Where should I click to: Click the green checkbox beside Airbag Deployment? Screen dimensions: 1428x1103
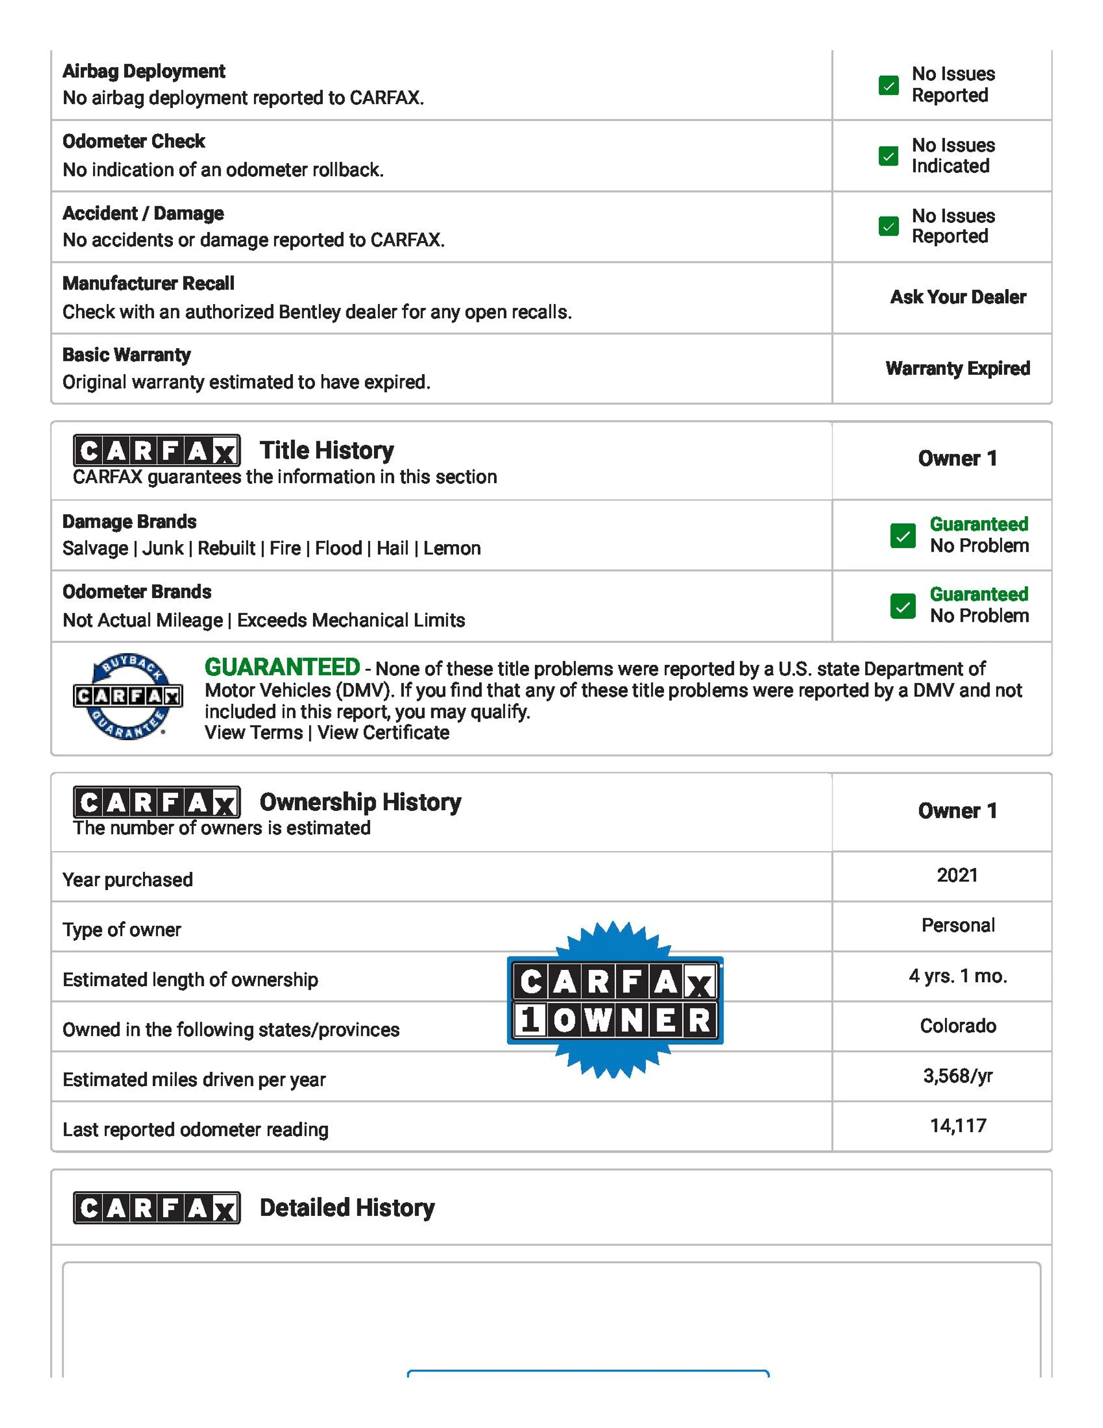888,86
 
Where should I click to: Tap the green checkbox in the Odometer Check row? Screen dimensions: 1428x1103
888,156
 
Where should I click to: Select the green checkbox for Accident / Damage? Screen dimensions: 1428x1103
888,226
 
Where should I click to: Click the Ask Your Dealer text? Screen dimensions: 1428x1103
958,298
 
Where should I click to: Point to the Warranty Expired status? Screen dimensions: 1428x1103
958,369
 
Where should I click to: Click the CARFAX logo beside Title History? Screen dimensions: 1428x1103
156,451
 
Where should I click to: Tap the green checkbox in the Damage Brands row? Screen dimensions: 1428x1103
903,536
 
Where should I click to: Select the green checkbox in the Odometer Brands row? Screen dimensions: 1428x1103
903,606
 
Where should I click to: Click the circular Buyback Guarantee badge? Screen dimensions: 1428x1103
128,696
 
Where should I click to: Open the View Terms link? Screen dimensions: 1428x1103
253,733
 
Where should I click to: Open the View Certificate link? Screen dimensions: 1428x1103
383,733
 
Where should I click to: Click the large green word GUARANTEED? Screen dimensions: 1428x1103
282,668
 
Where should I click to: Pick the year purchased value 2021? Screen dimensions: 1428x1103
957,876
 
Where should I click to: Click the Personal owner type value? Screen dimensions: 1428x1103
958,926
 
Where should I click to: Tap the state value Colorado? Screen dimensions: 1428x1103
958,1026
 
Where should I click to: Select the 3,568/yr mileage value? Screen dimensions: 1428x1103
958,1076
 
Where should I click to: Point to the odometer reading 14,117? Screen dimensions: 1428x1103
958,1126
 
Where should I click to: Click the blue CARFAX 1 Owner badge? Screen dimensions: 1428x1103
615,1000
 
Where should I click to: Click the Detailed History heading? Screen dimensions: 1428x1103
346,1208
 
